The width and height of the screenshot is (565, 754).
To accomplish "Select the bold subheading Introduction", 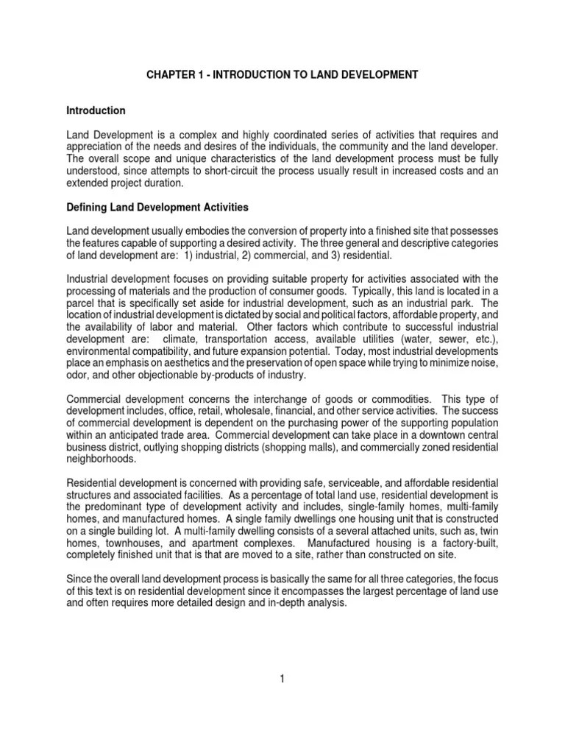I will pos(96,110).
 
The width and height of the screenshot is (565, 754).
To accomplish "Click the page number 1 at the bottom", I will pos(282,679).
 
